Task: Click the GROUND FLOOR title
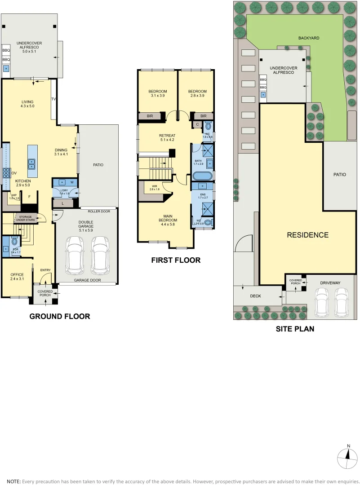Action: pyautogui.click(x=59, y=316)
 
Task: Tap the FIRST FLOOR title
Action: pyautogui.click(x=176, y=260)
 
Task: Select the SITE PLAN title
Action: pyautogui.click(x=295, y=329)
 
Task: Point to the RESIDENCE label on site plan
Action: pyautogui.click(x=308, y=235)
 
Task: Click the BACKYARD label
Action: pyautogui.click(x=309, y=38)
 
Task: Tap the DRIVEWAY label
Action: pyautogui.click(x=330, y=283)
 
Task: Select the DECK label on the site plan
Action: pyautogui.click(x=256, y=296)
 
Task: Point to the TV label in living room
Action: pyautogui.click(x=53, y=99)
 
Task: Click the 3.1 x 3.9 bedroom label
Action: pyautogui.click(x=157, y=93)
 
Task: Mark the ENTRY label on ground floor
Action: pyautogui.click(x=45, y=270)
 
